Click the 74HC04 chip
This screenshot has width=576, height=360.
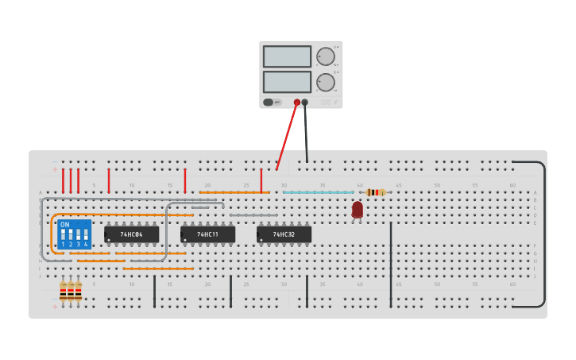point(131,234)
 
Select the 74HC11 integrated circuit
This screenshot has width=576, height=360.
point(207,234)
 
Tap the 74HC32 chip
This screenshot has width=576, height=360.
point(284,234)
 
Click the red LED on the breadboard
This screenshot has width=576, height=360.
point(358,209)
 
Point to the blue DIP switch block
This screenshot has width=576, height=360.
point(74,234)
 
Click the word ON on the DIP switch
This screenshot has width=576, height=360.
point(65,225)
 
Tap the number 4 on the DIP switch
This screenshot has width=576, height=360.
point(86,244)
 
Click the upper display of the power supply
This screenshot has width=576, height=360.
point(287,56)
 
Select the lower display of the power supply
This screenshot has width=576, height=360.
point(287,82)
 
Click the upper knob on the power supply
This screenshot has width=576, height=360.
point(326,56)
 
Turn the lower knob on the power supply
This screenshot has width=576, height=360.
point(326,82)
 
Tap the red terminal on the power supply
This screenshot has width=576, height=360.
point(297,103)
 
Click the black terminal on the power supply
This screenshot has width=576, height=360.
point(305,103)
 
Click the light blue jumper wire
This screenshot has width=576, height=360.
point(318,192)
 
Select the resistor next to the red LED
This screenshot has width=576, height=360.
point(377,192)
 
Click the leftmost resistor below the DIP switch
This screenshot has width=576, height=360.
point(63,292)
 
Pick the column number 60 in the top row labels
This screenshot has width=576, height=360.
point(512,185)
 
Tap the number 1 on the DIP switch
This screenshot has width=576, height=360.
point(63,244)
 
